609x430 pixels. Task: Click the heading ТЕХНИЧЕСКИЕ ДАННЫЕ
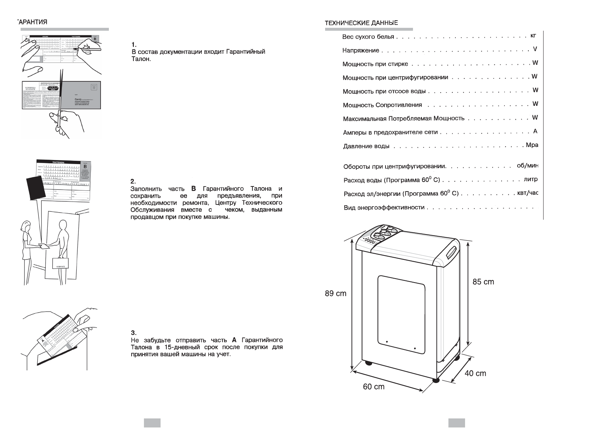tap(361, 23)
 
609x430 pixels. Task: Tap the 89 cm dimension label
tap(335, 293)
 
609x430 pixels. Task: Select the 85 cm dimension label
tap(483, 282)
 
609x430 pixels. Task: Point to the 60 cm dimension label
tap(374, 387)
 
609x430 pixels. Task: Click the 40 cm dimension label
tap(475, 373)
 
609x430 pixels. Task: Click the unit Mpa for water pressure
tap(532, 145)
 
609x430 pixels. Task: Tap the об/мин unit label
tap(528, 166)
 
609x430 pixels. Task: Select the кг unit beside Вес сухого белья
tap(533, 35)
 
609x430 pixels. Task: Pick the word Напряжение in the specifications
tap(361, 51)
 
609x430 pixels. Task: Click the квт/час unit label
tap(528, 193)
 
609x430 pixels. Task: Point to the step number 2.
tap(133, 181)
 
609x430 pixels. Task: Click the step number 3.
tap(133, 332)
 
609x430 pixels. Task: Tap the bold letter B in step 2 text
tap(193, 189)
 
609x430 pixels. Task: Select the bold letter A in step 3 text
tap(234, 340)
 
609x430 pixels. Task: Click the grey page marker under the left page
tap(152, 423)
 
